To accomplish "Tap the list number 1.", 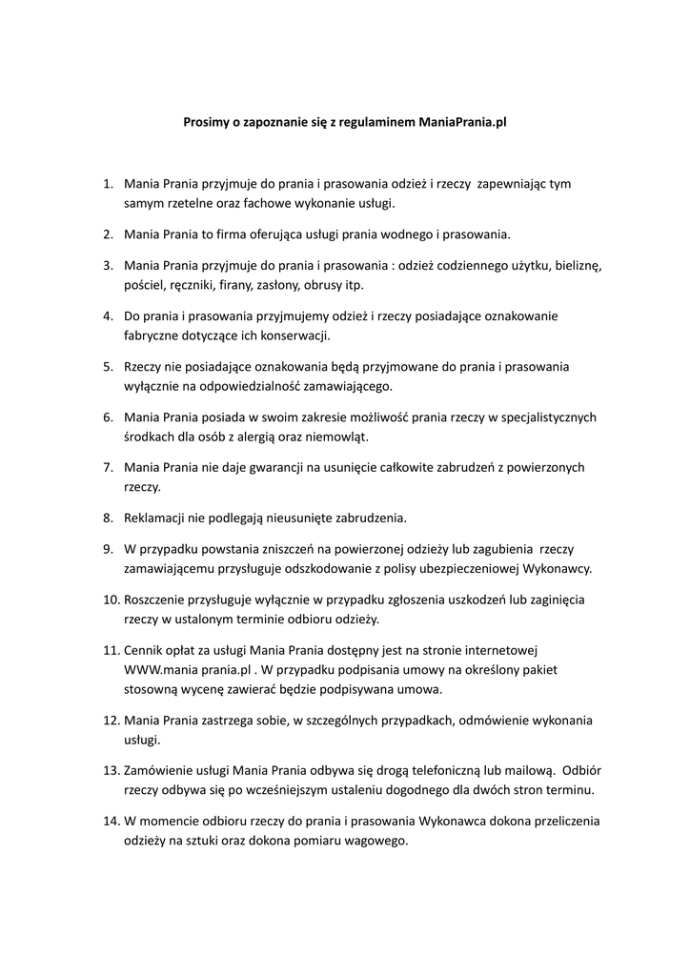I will (x=108, y=183).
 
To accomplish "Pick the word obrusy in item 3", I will (x=315, y=284).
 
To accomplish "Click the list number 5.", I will (x=108, y=366).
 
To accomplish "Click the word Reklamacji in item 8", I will (x=155, y=518).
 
